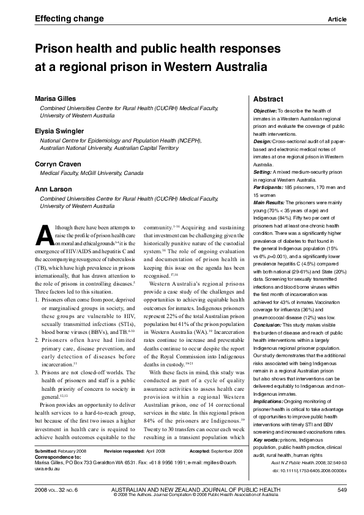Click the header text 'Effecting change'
pyautogui.click(x=61, y=19)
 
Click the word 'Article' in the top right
pyautogui.click(x=337, y=20)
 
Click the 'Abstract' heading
pyautogui.click(x=268, y=99)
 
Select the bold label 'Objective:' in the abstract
pyautogui.click(x=266, y=110)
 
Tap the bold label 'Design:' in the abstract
pyautogui.click(x=263, y=141)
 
